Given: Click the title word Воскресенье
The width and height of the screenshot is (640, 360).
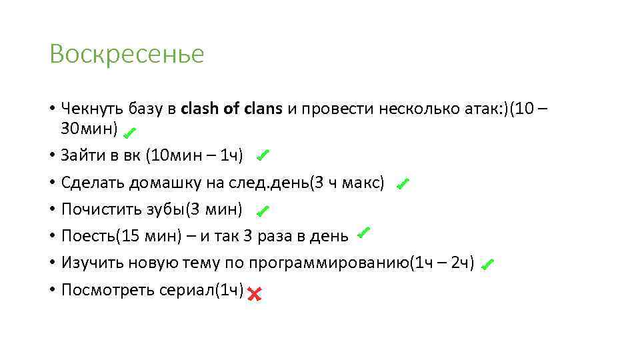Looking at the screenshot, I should click(x=127, y=54).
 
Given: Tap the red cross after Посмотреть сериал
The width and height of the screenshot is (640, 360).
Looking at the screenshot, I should click(x=253, y=293).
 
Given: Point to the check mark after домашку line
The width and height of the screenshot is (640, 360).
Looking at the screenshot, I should click(x=402, y=184).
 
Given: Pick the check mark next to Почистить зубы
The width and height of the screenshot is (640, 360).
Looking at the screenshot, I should click(x=262, y=211).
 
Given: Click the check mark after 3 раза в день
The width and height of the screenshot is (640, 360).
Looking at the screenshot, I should click(x=363, y=233).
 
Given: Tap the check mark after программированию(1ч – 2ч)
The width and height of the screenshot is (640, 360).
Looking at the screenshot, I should click(x=486, y=265).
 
